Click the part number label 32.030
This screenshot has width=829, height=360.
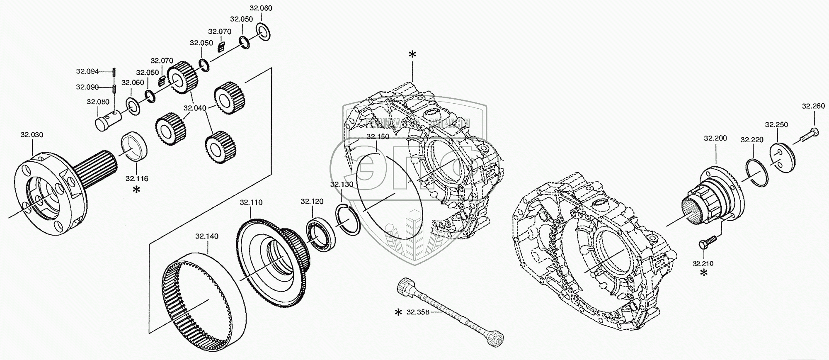pyautogui.click(x=32, y=135)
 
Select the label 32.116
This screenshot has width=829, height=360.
pyautogui.click(x=137, y=179)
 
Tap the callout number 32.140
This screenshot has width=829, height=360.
pyautogui.click(x=207, y=236)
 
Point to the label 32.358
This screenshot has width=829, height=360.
pyautogui.click(x=418, y=312)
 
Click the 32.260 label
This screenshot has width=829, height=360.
pyautogui.click(x=813, y=106)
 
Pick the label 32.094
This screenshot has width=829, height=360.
pyautogui.click(x=87, y=71)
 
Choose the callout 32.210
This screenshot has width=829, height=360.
pyautogui.click(x=703, y=263)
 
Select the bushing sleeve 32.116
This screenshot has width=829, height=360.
pyautogui.click(x=134, y=145)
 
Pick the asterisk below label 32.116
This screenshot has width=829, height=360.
pyautogui.click(x=136, y=190)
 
